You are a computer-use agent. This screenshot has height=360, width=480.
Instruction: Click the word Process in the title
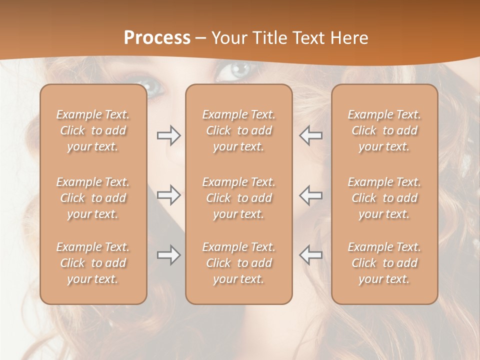(157, 38)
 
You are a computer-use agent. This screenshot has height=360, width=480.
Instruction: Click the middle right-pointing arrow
(168, 195)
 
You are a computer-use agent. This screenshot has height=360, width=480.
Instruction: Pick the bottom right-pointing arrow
(168, 255)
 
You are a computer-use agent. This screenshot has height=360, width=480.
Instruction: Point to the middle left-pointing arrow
(311, 195)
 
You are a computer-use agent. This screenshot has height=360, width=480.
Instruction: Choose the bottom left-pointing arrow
(311, 255)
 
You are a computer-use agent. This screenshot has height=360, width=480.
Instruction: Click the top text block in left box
(93, 130)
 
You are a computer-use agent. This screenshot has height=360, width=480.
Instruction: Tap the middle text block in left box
(93, 198)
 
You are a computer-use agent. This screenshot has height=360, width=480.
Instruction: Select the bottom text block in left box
(93, 263)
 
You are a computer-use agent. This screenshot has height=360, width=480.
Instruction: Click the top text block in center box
(238, 130)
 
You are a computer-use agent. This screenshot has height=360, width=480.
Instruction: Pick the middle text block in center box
(238, 198)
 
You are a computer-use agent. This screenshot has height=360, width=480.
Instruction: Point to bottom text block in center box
(238, 263)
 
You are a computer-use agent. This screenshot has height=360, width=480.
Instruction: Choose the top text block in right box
(384, 130)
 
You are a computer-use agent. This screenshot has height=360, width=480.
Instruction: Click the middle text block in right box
(384, 198)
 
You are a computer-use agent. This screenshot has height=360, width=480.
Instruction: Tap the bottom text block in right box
(384, 263)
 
